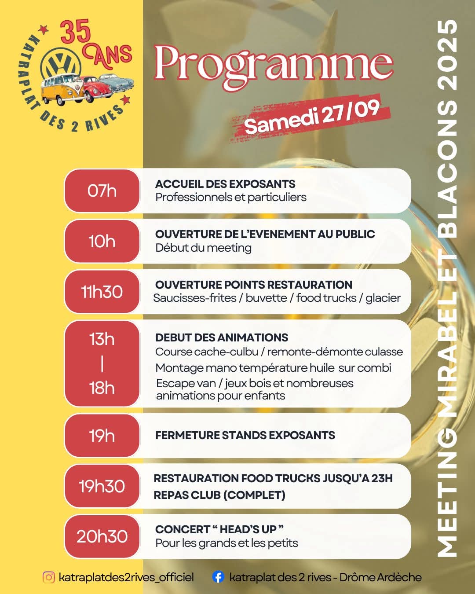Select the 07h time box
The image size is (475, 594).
point(102,191)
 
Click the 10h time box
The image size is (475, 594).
point(102,242)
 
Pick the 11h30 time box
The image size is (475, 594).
point(102,292)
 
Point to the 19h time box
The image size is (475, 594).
point(102,436)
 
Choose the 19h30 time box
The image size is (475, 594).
point(102,486)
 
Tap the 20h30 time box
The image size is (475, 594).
point(102,536)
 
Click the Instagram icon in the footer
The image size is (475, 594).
point(49,577)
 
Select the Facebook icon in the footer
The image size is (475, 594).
point(218,577)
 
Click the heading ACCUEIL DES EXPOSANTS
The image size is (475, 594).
point(225,184)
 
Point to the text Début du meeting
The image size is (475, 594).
point(203,248)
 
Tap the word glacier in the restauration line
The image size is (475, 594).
point(383,298)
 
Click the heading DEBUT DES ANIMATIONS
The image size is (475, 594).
point(222,337)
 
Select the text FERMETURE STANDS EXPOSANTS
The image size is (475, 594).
point(245,435)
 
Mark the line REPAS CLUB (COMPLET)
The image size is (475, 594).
point(219,495)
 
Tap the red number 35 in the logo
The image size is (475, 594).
point(75,32)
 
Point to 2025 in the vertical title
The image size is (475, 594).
point(447,55)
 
